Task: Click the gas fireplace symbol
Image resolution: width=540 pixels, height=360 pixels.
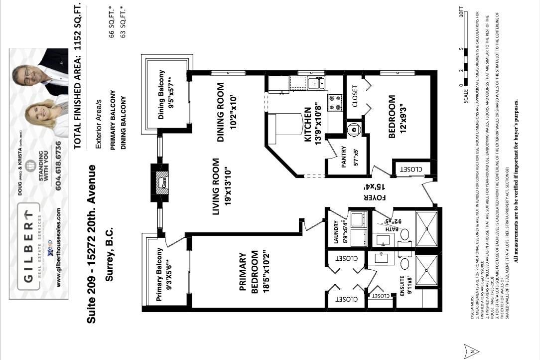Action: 162,182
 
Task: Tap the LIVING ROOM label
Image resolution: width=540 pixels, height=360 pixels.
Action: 216,187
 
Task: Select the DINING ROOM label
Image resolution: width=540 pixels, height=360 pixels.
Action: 222,112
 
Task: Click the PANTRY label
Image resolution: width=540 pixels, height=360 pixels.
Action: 344,158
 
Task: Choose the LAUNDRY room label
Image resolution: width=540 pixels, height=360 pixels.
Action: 336,232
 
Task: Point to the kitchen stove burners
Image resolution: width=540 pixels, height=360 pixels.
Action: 334,103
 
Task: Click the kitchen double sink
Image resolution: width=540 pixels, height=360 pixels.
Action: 316,83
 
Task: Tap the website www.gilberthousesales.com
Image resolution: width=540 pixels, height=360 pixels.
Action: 59,247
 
